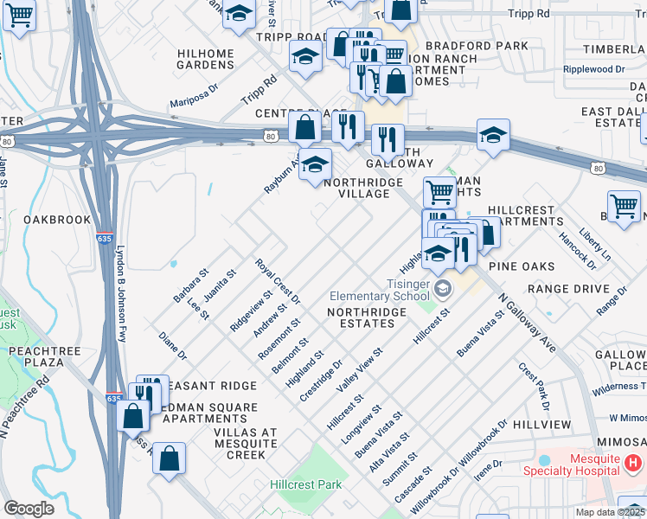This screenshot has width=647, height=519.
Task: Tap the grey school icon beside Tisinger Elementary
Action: pyautogui.click(x=442, y=288)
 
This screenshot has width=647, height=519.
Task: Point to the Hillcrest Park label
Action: pyautogui.click(x=305, y=484)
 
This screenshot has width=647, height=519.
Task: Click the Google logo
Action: pyautogui.click(x=29, y=509)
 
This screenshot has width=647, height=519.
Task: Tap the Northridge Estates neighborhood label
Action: pyautogui.click(x=362, y=323)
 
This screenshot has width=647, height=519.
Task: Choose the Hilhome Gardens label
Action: pyautogui.click(x=206, y=59)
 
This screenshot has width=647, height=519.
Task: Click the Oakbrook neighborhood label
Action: pyautogui.click(x=57, y=220)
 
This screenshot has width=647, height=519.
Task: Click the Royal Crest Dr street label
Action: pyautogui.click(x=277, y=281)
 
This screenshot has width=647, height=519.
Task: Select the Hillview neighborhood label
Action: pyautogui.click(x=541, y=425)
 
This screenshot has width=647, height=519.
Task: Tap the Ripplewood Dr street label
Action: pyautogui.click(x=593, y=69)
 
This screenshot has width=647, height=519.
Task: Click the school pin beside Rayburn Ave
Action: pyautogui.click(x=316, y=162)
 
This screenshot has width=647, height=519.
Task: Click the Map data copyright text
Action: pyautogui.click(x=610, y=512)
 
